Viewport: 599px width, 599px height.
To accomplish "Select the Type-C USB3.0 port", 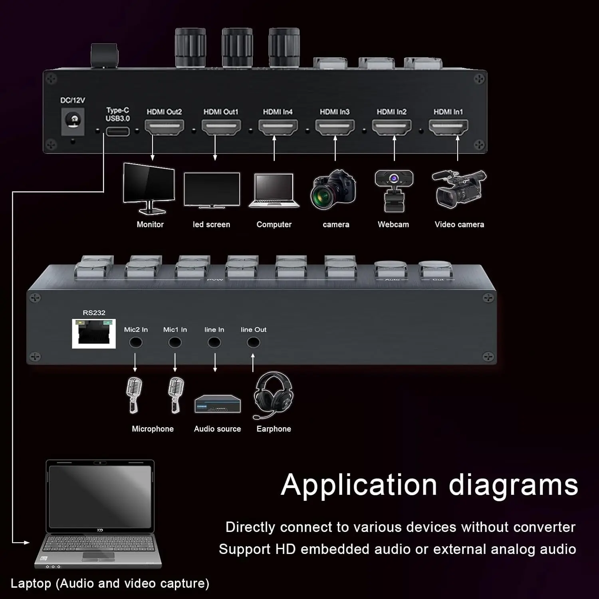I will pos(117,131).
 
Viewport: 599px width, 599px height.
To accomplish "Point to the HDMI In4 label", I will pos(278,112).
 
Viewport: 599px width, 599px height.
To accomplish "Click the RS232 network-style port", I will pos(94,334).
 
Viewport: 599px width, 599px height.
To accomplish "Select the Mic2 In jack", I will pos(136,343).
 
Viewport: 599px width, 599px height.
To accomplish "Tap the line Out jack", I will pos(253,343).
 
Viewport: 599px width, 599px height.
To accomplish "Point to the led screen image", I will pos(212,190).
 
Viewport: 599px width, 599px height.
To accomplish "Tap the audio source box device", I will pos(218,404).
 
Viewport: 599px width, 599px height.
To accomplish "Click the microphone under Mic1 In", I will pos(175,395).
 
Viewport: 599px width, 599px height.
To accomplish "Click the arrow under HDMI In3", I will pos(335,148).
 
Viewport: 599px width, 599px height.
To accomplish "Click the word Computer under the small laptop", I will pos(274,224).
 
